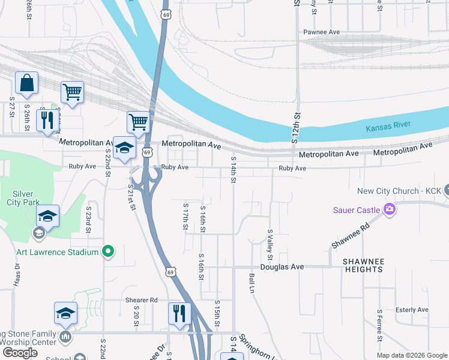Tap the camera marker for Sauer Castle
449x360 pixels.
[389, 209]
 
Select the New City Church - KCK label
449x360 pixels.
[399, 191]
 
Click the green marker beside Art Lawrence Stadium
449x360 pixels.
[108, 251]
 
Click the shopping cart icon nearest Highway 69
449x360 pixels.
[138, 121]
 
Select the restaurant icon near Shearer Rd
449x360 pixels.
[179, 313]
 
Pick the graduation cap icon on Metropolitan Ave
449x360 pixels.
[124, 148]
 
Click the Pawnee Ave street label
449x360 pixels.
[321, 32]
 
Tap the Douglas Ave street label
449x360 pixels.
[282, 266]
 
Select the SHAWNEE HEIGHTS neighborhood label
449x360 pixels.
[363, 266]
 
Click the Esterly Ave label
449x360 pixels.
[412, 310]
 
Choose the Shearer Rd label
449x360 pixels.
[141, 300]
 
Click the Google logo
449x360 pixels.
[20, 353]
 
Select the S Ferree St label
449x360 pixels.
[380, 326]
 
